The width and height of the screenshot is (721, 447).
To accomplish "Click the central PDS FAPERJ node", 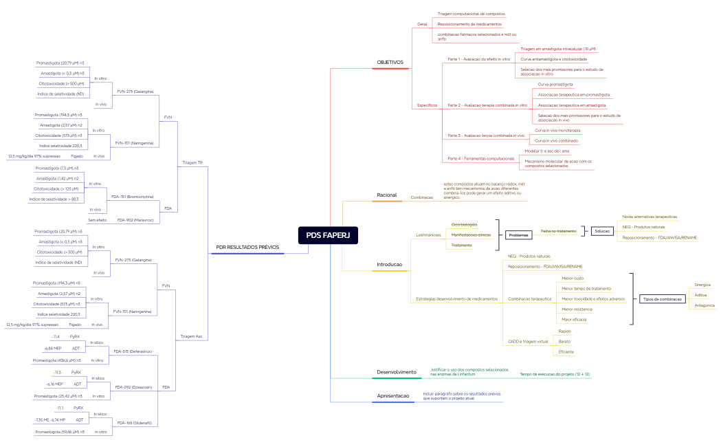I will [329, 235].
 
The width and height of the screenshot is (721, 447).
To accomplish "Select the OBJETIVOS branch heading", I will [390, 63].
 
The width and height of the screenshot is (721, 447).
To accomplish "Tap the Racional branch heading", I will [387, 196].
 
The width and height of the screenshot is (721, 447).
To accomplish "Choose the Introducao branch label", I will [390, 265].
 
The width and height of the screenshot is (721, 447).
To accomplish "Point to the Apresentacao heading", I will [393, 396].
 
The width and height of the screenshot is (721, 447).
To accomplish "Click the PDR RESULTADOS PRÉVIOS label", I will [247, 247].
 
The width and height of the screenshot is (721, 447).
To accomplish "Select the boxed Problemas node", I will [519, 235].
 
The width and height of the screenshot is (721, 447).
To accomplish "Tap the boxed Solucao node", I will [603, 231].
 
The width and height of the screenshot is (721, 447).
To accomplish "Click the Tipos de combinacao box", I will [661, 299].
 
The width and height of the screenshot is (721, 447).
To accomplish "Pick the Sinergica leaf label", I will [702, 285].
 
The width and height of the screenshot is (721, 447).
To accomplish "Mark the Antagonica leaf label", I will [705, 305].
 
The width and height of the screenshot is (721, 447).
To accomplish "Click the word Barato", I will [564, 341].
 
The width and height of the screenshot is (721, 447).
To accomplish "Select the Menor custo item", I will [573, 278].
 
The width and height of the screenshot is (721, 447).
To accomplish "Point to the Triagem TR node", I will [192, 163].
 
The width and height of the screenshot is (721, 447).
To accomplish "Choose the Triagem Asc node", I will [192, 336].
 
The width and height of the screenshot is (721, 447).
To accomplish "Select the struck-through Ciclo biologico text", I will [464, 225].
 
